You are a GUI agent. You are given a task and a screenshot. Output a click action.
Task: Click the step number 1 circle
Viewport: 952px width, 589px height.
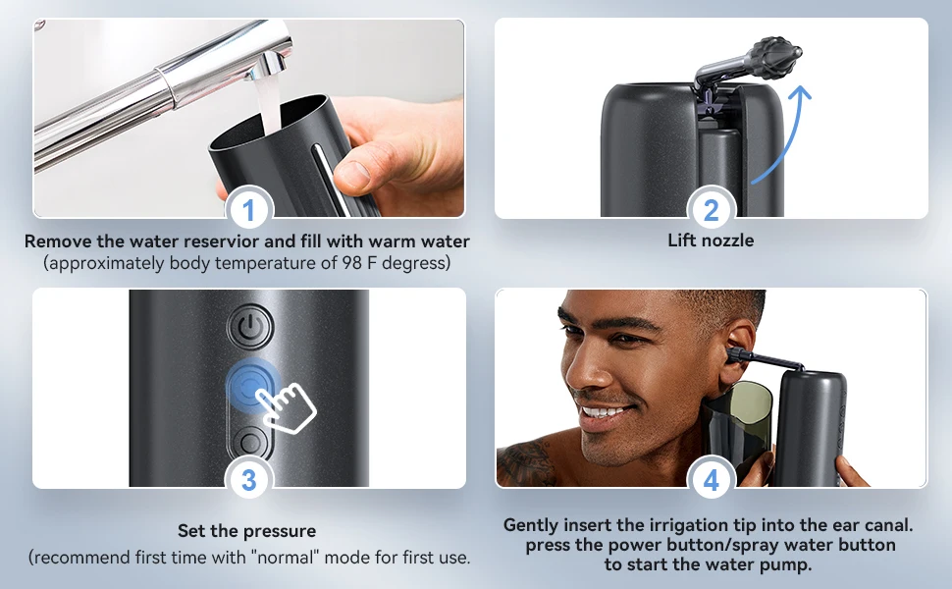point(248,210)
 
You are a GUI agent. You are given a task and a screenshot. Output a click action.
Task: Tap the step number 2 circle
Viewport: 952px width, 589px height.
point(712,210)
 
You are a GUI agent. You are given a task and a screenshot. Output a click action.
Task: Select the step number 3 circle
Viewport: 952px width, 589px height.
point(248,480)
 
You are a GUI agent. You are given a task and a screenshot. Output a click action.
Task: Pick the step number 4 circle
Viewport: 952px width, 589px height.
point(712,480)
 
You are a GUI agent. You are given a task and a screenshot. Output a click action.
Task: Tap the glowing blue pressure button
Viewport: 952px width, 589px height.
point(246,386)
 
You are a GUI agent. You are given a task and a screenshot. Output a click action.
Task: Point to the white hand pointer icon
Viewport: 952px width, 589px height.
point(286,405)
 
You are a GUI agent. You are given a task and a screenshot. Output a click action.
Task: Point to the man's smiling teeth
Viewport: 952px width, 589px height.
point(602,411)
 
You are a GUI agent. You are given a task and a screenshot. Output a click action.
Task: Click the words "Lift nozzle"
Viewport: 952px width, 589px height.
point(711,241)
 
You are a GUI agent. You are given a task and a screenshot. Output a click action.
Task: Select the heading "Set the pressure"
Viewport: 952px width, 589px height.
point(247,531)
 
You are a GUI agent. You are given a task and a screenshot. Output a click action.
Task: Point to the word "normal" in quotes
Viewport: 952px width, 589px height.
point(309,558)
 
